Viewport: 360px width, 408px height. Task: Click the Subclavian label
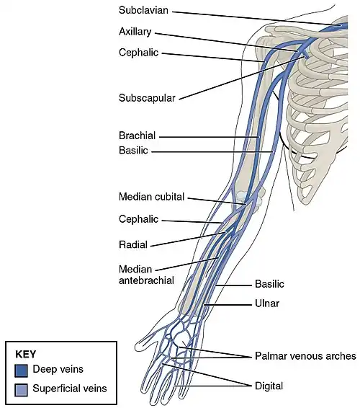pos(145,12)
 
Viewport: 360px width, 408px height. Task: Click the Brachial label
pos(137,136)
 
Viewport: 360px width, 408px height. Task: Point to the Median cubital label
pos(151,196)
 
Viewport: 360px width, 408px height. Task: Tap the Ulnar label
pos(266,303)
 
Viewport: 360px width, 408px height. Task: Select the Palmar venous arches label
pos(305,356)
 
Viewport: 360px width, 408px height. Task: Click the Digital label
pos(269,385)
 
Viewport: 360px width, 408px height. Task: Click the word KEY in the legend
pos(25,355)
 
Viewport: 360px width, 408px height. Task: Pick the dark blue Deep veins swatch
pos(22,370)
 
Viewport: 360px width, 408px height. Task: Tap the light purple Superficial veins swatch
pos(22,389)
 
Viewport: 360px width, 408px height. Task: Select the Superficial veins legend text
pos(71,389)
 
